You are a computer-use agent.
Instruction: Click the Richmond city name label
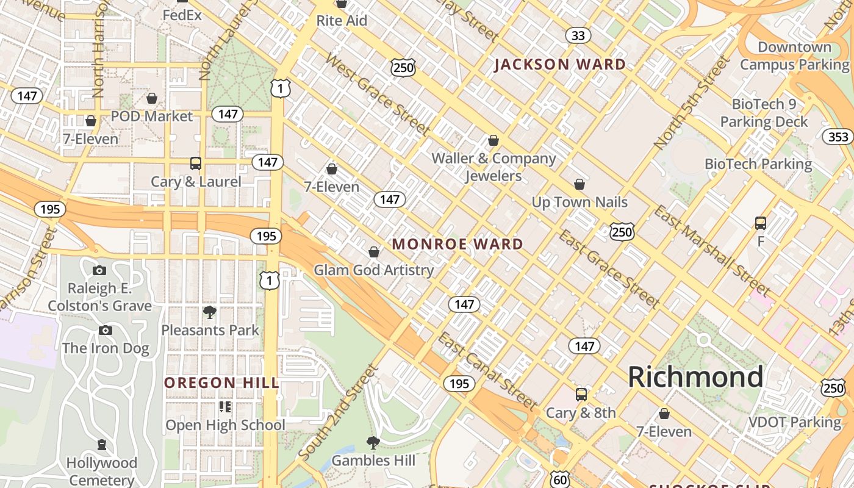pos(695,377)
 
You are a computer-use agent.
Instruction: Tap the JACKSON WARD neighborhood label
pos(560,65)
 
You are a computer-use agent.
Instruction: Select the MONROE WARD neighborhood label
pos(457,244)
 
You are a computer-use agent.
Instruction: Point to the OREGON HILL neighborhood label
pos(222,383)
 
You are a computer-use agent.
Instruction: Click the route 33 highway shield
pos(578,35)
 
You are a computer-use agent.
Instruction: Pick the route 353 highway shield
pos(838,137)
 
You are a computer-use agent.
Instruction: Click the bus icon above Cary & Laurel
pos(196,163)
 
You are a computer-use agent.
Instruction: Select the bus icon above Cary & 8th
pos(581,395)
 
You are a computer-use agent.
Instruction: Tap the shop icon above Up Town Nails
pos(579,184)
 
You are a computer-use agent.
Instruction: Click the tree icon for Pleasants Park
pos(210,312)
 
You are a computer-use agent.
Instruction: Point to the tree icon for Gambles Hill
pos(373,442)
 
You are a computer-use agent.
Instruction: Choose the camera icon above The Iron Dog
pos(106,331)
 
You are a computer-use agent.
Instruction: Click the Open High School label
pos(226,425)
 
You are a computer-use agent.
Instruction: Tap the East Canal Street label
pos(488,370)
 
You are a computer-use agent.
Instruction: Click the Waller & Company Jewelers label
pos(493,167)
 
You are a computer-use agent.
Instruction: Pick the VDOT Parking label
pos(795,422)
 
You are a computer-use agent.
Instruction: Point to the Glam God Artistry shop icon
pos(374,252)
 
